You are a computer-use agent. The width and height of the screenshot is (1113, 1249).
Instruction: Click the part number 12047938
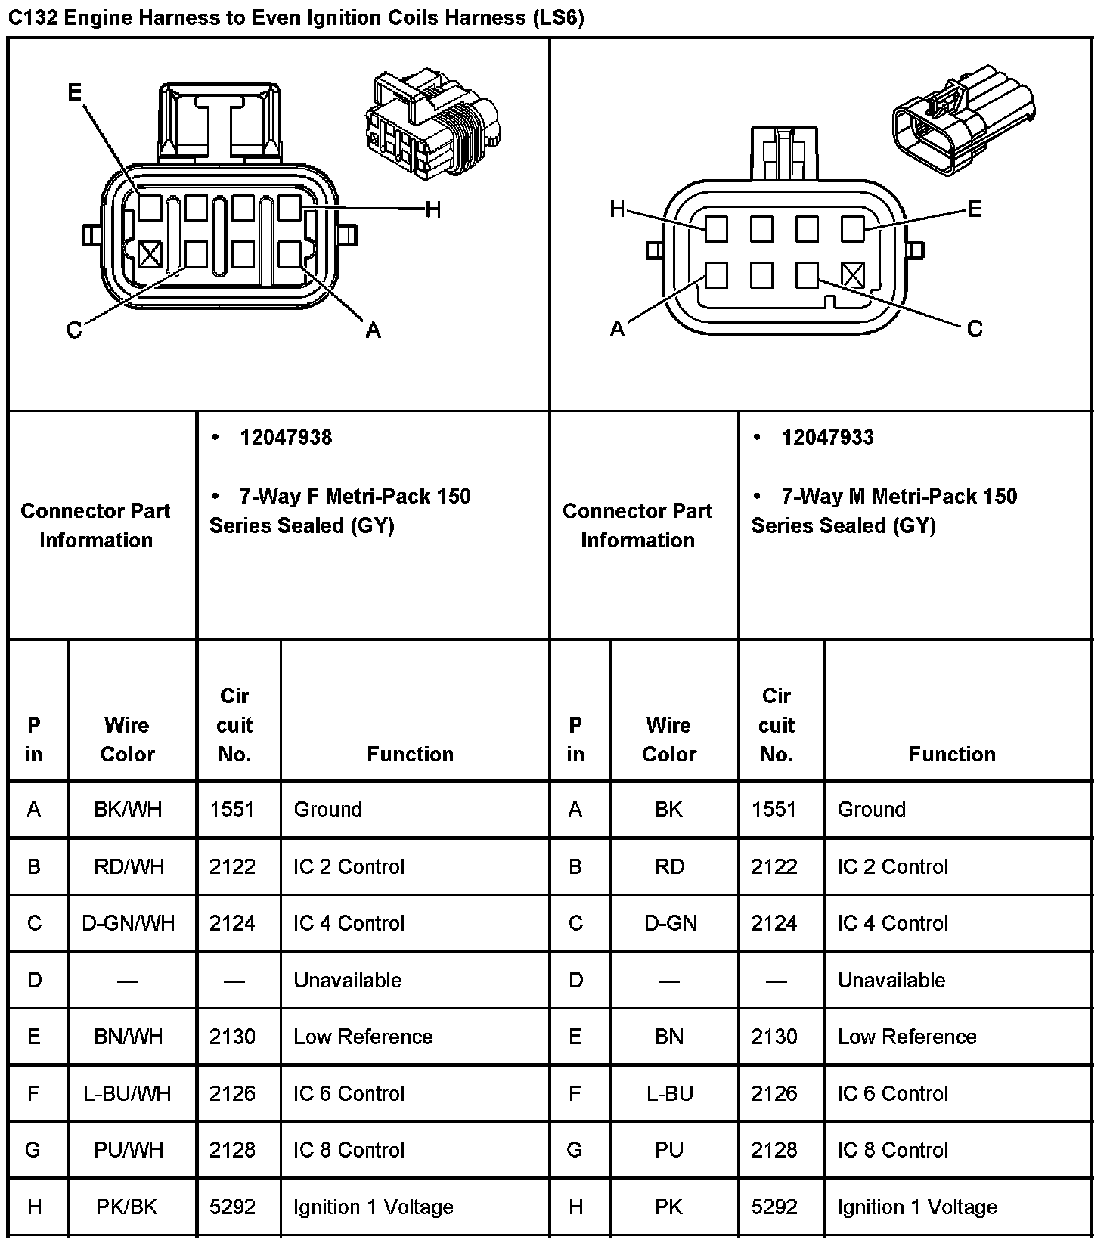click(x=286, y=438)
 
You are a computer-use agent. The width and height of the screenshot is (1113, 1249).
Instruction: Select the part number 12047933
click(x=828, y=438)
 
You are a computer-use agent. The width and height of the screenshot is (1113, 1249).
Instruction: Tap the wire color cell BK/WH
click(x=128, y=809)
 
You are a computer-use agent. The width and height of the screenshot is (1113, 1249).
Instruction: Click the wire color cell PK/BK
click(x=127, y=1207)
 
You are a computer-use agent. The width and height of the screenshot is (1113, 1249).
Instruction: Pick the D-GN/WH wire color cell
click(x=128, y=923)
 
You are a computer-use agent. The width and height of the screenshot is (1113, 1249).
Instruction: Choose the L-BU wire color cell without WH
click(x=669, y=1093)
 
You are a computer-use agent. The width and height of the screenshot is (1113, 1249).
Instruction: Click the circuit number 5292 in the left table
click(x=233, y=1207)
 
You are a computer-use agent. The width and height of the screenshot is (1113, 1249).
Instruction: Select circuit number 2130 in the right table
click(x=774, y=1037)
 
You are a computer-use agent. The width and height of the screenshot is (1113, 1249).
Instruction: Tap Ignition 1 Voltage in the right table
click(x=917, y=1207)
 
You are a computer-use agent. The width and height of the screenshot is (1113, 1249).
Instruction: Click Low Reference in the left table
click(x=363, y=1037)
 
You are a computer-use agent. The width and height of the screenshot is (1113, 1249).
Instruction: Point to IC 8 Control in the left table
click(x=349, y=1150)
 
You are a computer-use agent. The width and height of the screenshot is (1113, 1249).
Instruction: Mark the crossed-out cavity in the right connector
click(x=852, y=274)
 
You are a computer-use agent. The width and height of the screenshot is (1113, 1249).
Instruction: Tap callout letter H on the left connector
click(x=432, y=209)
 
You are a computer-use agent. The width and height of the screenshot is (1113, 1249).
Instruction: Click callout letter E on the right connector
click(x=974, y=209)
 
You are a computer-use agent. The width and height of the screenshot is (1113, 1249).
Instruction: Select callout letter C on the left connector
click(x=74, y=330)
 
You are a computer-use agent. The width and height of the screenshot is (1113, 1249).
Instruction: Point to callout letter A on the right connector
click(x=617, y=329)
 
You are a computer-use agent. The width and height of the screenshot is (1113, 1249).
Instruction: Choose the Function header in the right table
click(x=952, y=754)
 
